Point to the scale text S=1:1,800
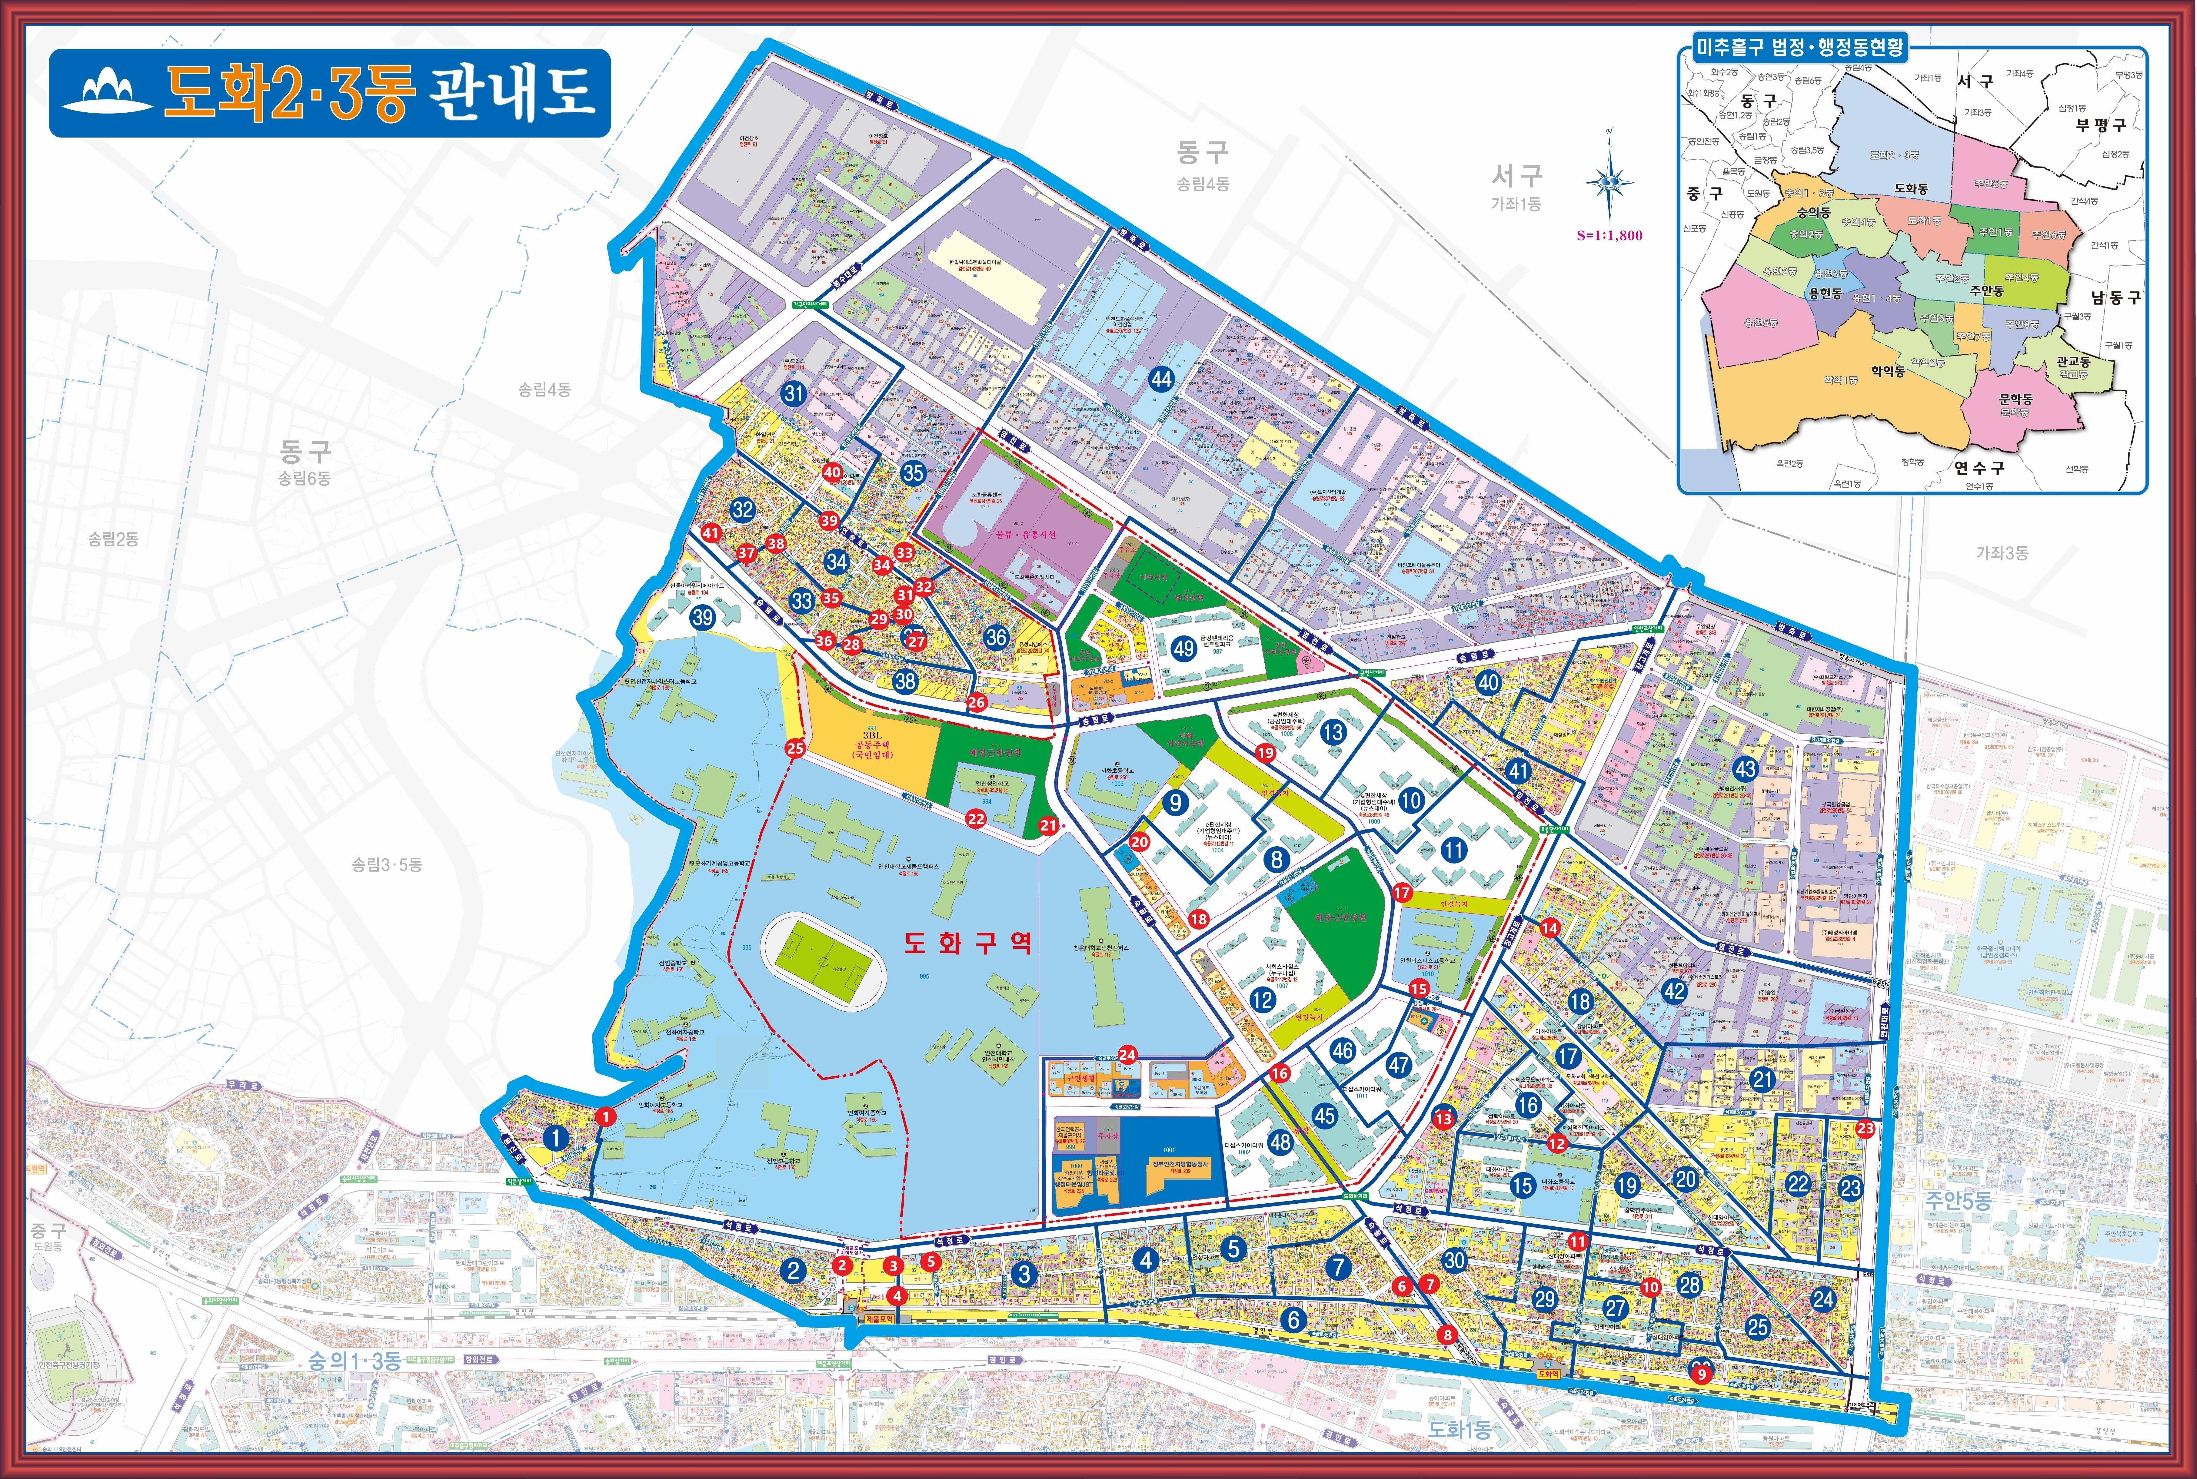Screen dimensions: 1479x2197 (x=1609, y=236)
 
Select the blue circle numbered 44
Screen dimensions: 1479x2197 (x=1161, y=379)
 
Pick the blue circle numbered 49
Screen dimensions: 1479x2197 (x=1184, y=648)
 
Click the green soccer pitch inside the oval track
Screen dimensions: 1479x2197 (x=824, y=963)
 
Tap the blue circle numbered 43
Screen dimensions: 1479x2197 (x=1745, y=768)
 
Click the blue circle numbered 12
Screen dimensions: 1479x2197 (x=1262, y=1000)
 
